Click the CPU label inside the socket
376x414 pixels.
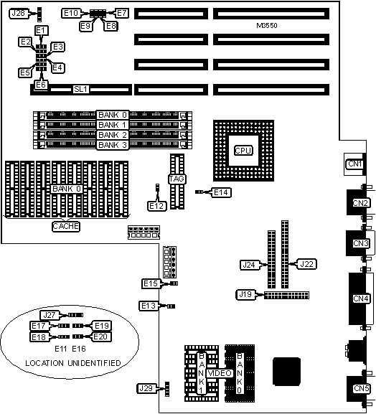coord(243,151)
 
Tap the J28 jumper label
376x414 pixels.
coord(18,13)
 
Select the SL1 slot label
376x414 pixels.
coord(80,89)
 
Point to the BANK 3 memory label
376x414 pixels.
coord(113,145)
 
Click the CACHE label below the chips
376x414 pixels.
coord(66,226)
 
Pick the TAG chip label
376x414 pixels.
coord(177,179)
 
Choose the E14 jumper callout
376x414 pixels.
coord(221,192)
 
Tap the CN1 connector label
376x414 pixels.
coord(354,164)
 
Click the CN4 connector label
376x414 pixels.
coord(361,298)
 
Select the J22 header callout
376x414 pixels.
coord(306,264)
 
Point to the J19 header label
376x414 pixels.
coord(245,294)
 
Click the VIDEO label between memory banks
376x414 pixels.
coord(220,373)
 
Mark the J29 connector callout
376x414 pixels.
coord(146,388)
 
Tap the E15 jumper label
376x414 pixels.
coord(151,283)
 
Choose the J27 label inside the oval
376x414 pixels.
coord(50,315)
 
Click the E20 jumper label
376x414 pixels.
coord(101,337)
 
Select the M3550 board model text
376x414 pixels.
coord(267,26)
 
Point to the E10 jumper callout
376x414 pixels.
coord(71,13)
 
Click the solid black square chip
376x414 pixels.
coord(287,372)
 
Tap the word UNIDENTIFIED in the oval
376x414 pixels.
coord(94,363)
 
